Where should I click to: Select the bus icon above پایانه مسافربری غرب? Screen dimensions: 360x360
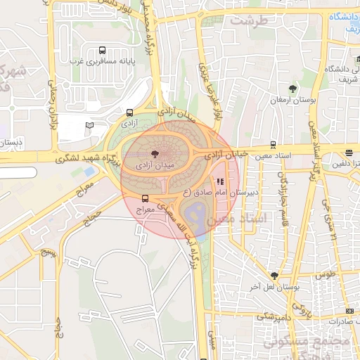[103, 50]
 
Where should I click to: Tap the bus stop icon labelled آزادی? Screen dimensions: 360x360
[129, 112]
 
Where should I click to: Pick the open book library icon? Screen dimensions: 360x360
[89, 126]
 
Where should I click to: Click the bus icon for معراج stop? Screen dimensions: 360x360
[145, 198]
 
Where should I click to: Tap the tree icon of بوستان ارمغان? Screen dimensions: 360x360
[292, 89]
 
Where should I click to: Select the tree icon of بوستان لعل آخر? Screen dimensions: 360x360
[274, 276]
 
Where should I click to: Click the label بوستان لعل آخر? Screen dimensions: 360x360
[264, 287]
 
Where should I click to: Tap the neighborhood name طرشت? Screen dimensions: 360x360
[255, 21]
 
